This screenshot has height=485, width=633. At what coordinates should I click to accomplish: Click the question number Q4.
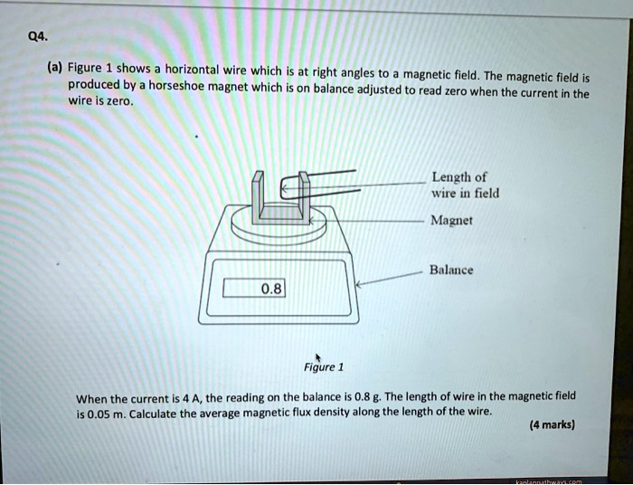(x=38, y=37)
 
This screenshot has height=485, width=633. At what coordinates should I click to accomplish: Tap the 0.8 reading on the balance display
(x=270, y=289)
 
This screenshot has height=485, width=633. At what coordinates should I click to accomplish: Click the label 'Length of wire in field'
(x=465, y=185)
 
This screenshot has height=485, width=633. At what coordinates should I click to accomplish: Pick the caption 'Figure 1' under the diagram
(x=324, y=367)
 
